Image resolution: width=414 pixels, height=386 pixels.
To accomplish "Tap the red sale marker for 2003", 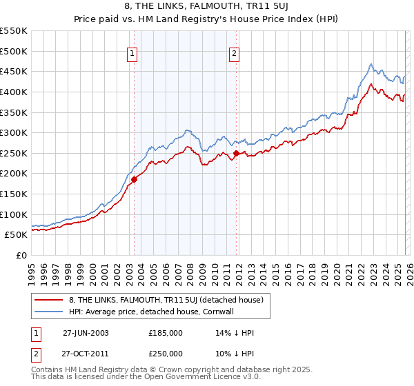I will point(135,179).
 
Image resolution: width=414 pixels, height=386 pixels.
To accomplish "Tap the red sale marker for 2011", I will point(236,153).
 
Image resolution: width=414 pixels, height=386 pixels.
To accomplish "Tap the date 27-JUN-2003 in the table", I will point(86,332).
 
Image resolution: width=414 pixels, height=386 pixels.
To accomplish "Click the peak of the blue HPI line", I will point(371,64).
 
